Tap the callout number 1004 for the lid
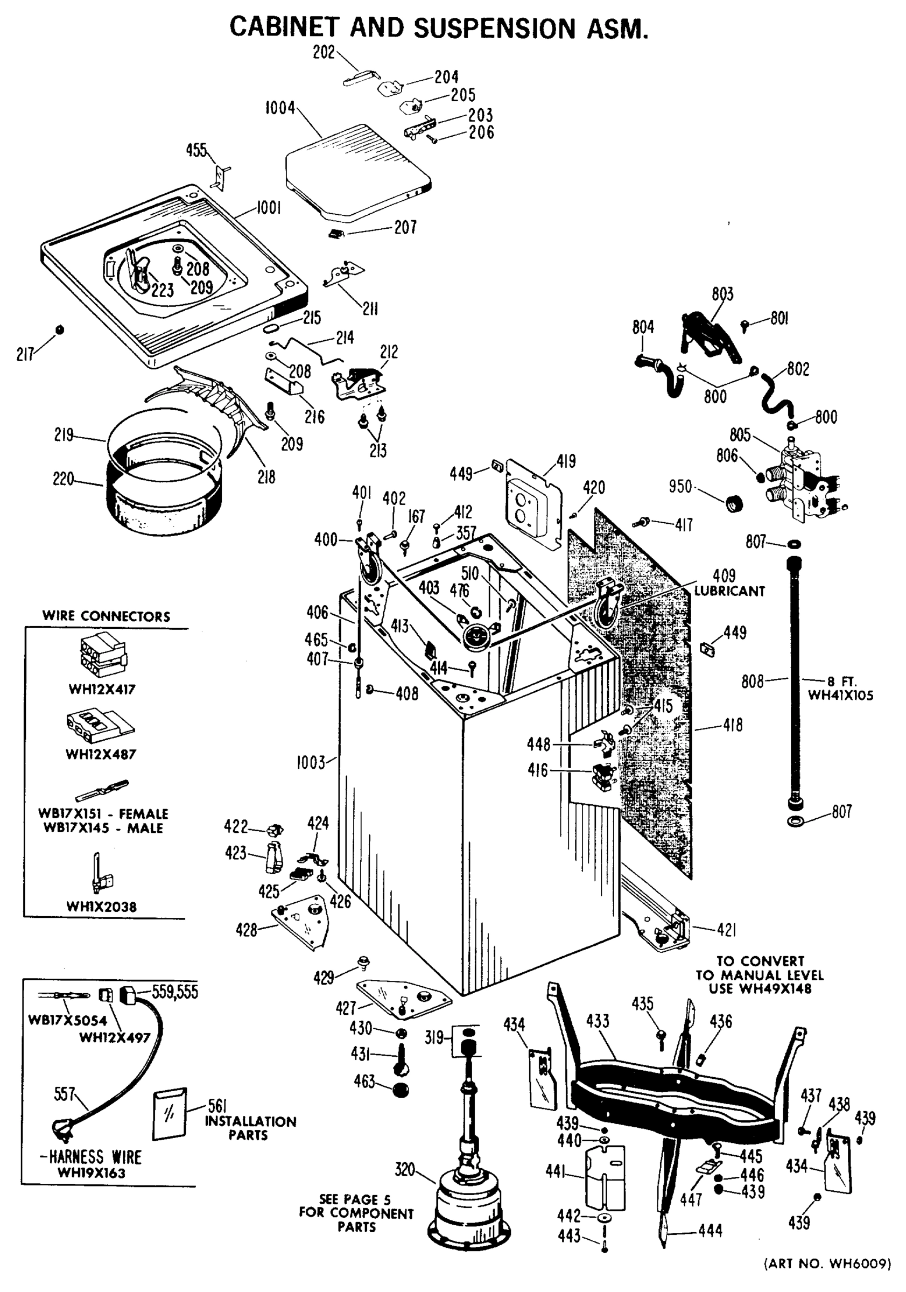280,108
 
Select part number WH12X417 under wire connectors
102,689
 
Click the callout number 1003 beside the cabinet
311,763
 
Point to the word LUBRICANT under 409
729,592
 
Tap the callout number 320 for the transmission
404,1170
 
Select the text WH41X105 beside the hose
841,696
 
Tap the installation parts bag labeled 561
169,1114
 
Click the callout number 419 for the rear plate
566,461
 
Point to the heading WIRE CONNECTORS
106,616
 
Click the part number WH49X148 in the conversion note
778,989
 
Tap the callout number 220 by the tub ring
63,479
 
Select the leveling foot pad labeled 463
400,1091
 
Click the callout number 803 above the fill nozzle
722,294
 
